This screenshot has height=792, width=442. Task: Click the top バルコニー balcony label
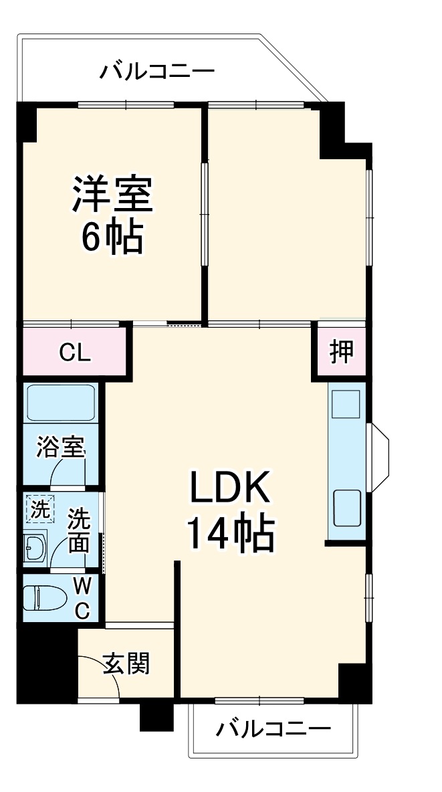(x=157, y=71)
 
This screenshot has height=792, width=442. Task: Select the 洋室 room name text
(x=113, y=194)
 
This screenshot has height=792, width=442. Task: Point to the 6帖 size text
(x=112, y=235)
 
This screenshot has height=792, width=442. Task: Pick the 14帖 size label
(x=229, y=533)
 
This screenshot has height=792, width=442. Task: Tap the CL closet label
(x=74, y=353)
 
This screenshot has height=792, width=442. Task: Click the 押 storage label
(x=342, y=352)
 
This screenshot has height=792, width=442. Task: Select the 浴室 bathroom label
(x=61, y=447)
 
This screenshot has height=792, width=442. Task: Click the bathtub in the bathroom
(x=61, y=403)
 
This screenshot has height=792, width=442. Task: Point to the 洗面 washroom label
(x=79, y=530)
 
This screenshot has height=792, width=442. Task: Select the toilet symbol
(x=44, y=597)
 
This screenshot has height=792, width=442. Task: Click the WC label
(x=82, y=598)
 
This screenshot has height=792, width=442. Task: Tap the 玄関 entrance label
(x=126, y=664)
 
